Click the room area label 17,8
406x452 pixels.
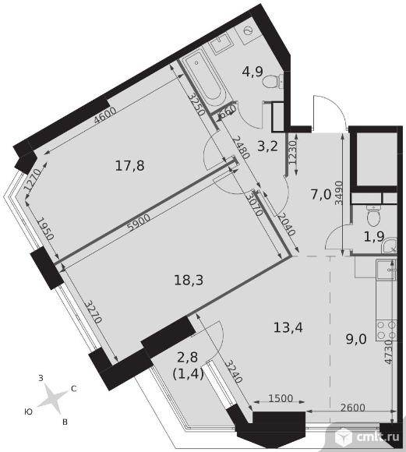coord(129,166)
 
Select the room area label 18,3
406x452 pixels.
coord(189,280)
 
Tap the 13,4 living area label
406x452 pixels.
coord(288,327)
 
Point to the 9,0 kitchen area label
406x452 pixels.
coord(356,339)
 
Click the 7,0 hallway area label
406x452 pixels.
coord(321,195)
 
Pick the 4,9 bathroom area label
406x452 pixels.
coord(252,71)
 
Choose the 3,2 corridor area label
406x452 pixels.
coord(267,147)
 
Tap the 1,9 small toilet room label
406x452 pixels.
coord(374,237)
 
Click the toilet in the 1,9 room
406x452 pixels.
coord(375,215)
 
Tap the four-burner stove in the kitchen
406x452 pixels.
coord(386,330)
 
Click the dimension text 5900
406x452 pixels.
coord(139,224)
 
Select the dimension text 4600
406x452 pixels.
coord(105,115)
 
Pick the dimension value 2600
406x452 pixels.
coord(352,408)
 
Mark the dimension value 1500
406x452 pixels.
coord(281,398)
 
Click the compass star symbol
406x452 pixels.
coord(51,398)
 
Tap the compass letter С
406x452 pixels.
coord(73,389)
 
